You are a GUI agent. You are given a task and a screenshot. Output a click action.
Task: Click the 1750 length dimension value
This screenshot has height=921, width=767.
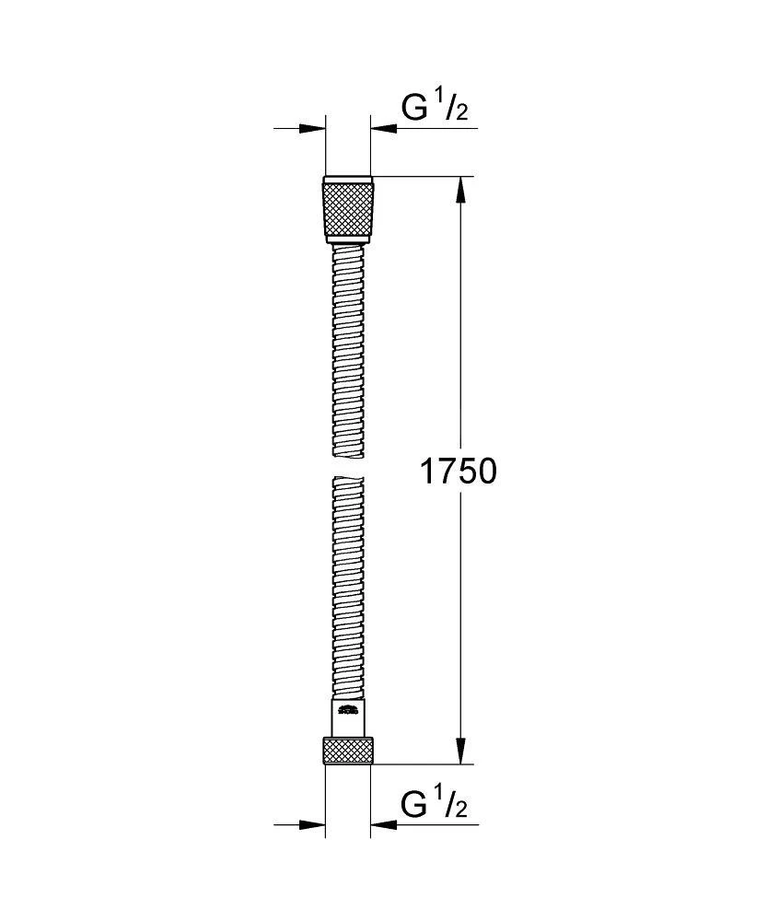[458, 472]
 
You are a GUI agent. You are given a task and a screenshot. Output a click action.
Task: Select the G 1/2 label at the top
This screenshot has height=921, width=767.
[435, 109]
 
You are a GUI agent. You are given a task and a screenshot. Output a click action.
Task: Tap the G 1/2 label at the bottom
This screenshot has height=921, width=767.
[435, 805]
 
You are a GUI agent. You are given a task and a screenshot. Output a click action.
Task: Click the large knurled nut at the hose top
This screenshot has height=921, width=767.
[349, 210]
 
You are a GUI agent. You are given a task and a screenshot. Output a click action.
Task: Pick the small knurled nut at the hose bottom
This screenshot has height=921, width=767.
[348, 750]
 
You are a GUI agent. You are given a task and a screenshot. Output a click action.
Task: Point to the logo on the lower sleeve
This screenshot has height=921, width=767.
[348, 709]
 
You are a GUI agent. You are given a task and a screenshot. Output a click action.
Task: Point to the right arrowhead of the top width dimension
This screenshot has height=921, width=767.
[381, 129]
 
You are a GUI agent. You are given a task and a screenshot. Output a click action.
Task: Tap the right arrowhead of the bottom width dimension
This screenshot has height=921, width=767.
[381, 824]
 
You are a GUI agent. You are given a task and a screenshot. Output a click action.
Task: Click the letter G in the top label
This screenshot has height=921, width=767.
[414, 109]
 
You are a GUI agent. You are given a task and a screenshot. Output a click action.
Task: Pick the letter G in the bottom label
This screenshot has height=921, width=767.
[414, 805]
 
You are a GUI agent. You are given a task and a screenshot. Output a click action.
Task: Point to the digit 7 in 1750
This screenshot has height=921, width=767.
[445, 472]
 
